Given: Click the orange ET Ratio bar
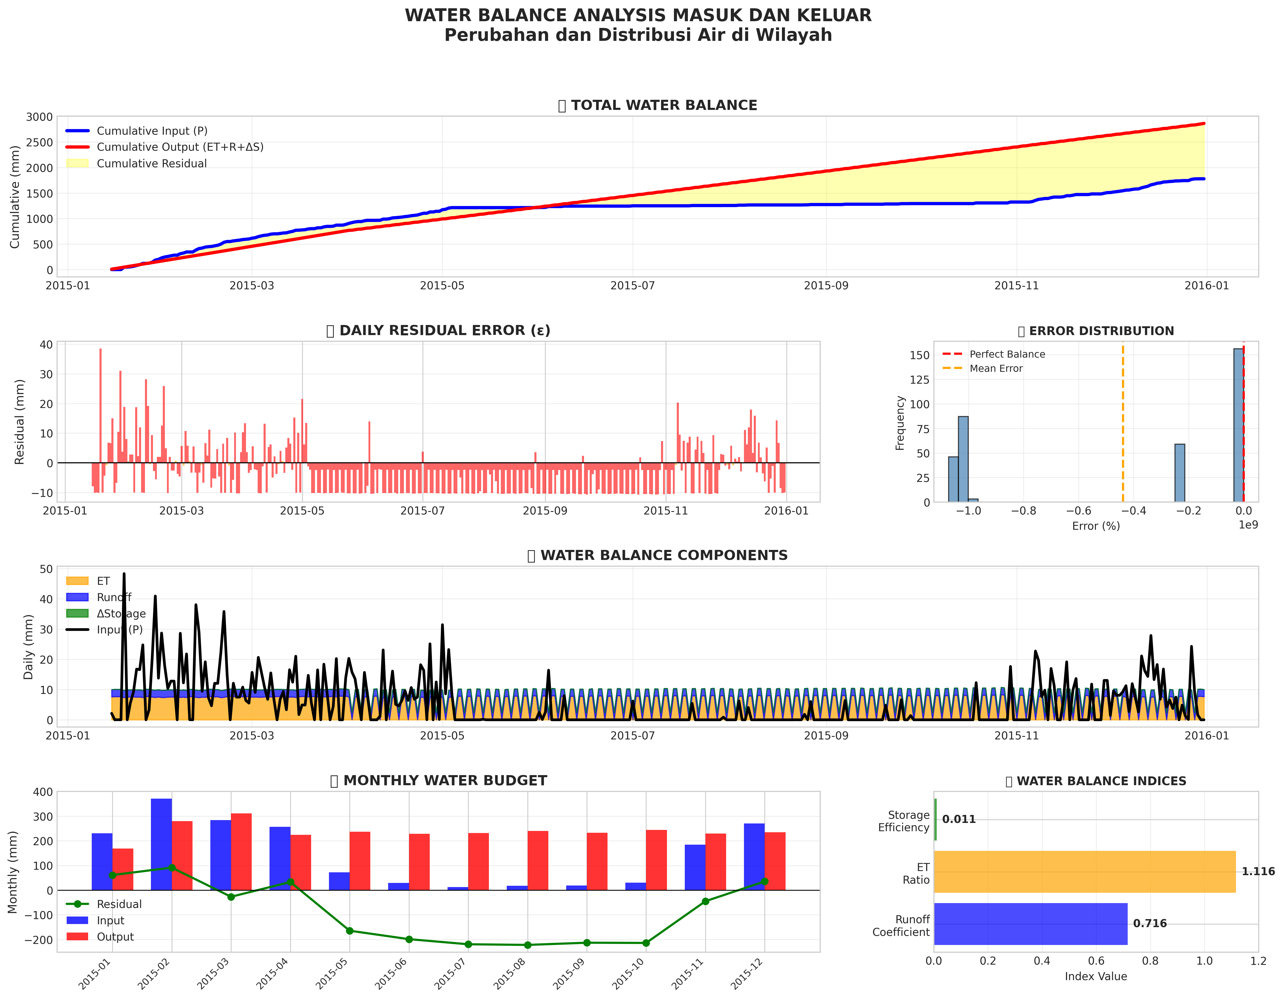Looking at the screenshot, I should coord(1084,872).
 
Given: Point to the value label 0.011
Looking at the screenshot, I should coord(959,819).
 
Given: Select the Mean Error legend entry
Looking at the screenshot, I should coord(996,368).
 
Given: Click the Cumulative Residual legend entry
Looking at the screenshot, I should coord(152,163).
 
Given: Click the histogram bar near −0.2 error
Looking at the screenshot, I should coord(1179,473).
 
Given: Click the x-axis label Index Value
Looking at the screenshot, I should coord(1096,976).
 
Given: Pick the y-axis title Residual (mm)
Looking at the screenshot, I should coord(20,422).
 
